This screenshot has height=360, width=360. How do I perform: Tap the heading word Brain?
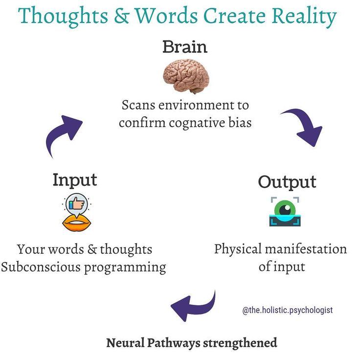[x=185, y=47]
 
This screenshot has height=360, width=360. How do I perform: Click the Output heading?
[x=287, y=181]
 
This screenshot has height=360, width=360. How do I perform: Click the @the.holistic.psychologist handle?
[x=287, y=310]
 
